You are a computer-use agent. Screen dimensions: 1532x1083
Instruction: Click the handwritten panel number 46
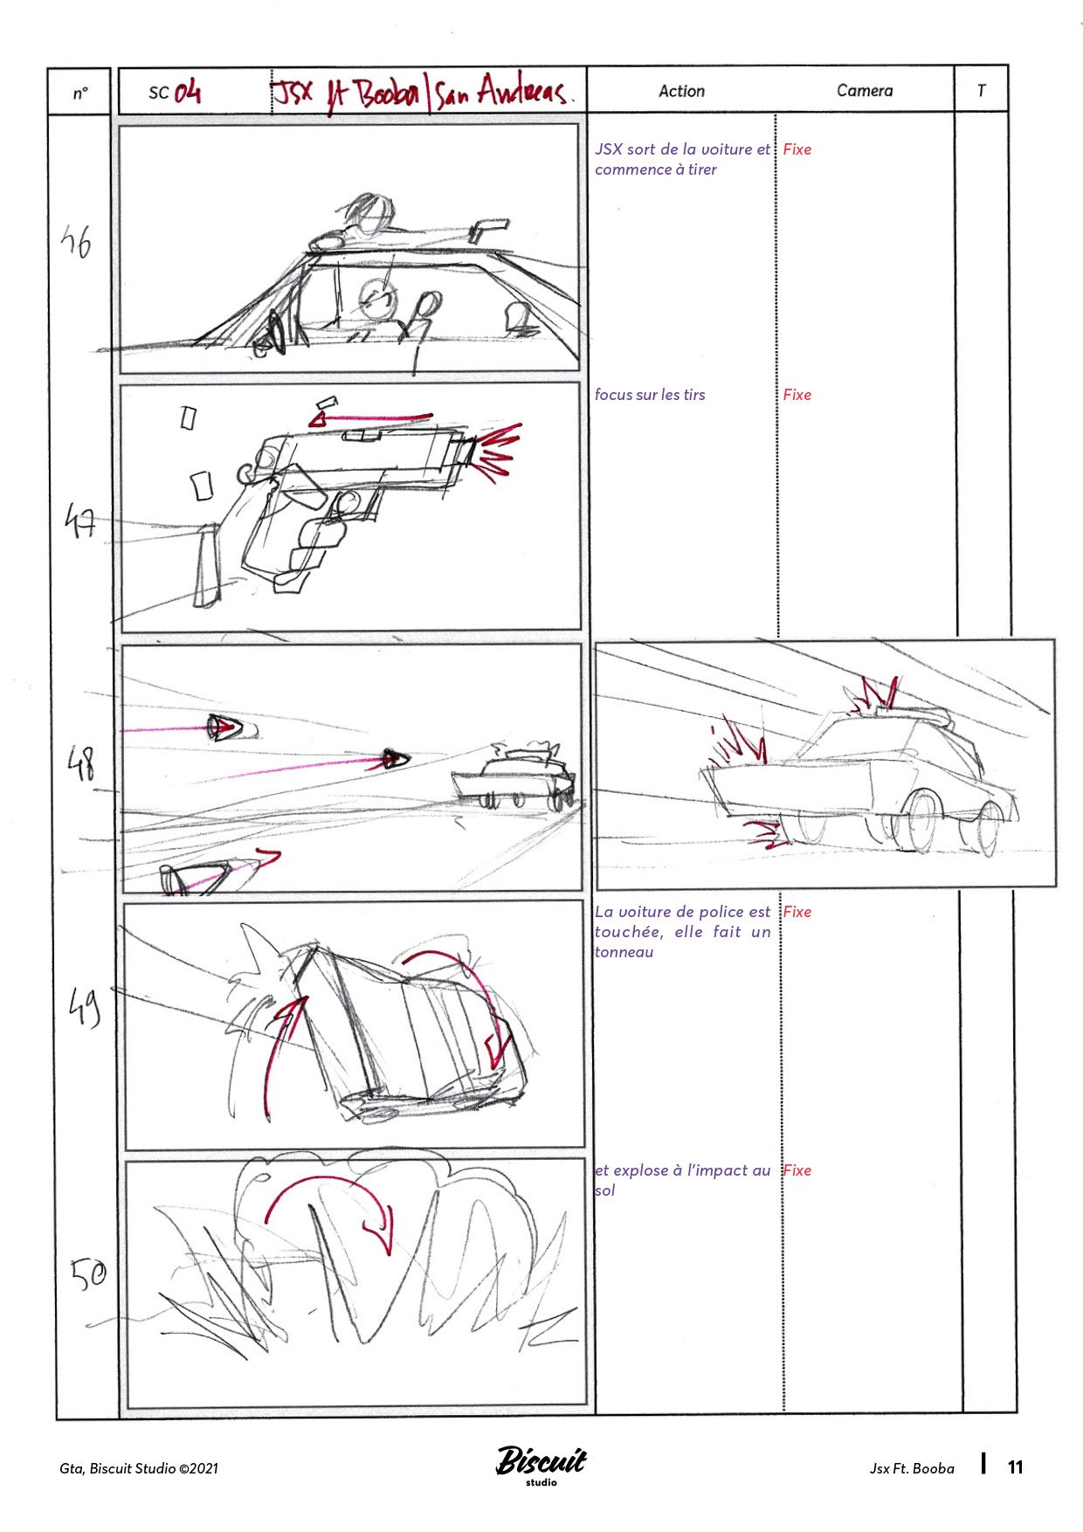pos(77,242)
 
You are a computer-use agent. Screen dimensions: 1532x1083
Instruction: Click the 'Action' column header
pos(681,91)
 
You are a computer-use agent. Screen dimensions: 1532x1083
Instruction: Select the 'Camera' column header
pos(864,91)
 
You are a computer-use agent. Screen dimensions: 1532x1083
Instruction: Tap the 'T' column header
pos(981,91)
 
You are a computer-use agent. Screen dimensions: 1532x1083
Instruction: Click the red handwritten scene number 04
pos(186,92)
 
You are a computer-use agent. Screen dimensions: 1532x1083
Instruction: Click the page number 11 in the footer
pos(1015,1467)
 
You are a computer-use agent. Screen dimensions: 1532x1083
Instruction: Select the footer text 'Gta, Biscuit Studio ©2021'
pos(139,1468)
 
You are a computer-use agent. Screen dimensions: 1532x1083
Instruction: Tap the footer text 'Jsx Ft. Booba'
pos(911,1468)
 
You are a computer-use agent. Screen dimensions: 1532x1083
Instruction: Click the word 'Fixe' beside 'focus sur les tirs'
pos(797,395)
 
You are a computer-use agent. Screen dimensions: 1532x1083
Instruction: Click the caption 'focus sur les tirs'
pos(650,395)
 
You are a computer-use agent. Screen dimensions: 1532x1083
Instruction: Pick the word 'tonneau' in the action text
pos(624,952)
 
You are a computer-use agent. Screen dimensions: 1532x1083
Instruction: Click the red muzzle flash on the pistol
pos(496,449)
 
